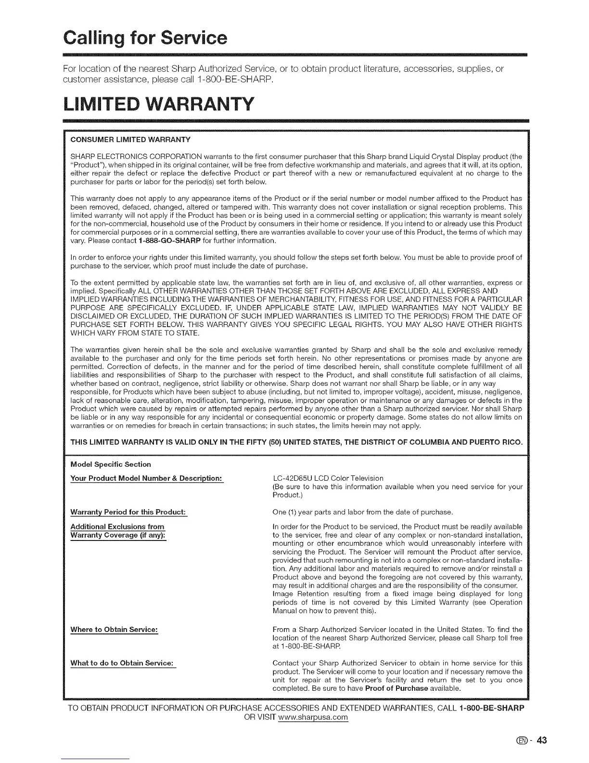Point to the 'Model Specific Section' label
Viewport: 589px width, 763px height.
tap(111, 464)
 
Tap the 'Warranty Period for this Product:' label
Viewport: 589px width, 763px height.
tap(128, 512)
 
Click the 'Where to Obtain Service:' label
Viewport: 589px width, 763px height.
tap(114, 630)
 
